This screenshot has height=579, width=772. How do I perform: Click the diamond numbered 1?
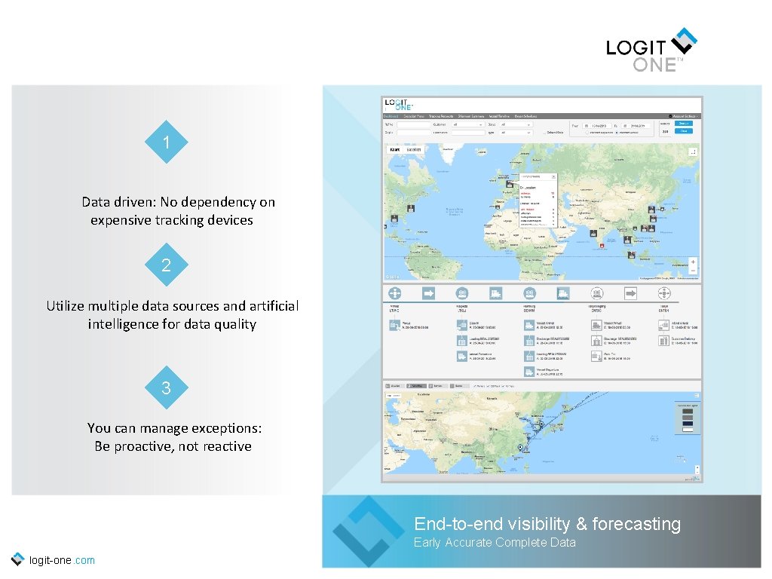[165, 142]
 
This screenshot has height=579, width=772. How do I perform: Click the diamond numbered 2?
[165, 265]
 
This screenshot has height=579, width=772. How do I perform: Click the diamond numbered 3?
[165, 388]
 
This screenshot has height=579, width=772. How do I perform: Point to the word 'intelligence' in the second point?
[124, 324]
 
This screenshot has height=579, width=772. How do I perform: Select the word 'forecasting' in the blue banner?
[636, 524]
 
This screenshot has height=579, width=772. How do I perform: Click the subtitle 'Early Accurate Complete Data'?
[495, 543]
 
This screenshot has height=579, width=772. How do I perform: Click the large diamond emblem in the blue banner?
[368, 531]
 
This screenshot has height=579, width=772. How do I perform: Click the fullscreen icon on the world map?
[693, 151]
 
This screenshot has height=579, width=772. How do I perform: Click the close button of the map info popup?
[554, 176]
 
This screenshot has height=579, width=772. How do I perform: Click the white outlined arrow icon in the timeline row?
[630, 293]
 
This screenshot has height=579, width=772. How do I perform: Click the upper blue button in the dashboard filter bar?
[683, 123]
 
